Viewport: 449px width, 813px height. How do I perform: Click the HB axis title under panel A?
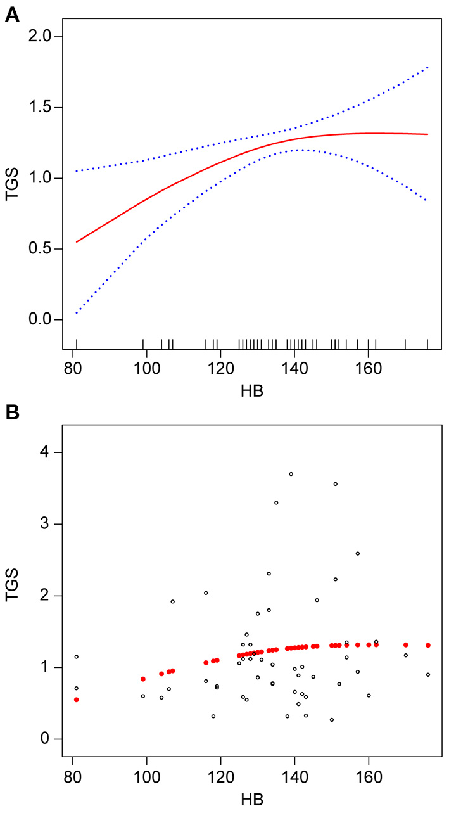click(252, 391)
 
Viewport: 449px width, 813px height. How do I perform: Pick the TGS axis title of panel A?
click(11, 178)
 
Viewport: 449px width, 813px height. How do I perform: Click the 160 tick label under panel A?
click(369, 371)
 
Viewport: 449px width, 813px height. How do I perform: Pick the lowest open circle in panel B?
click(331, 720)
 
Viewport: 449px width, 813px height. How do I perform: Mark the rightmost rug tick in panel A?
click(427, 344)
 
